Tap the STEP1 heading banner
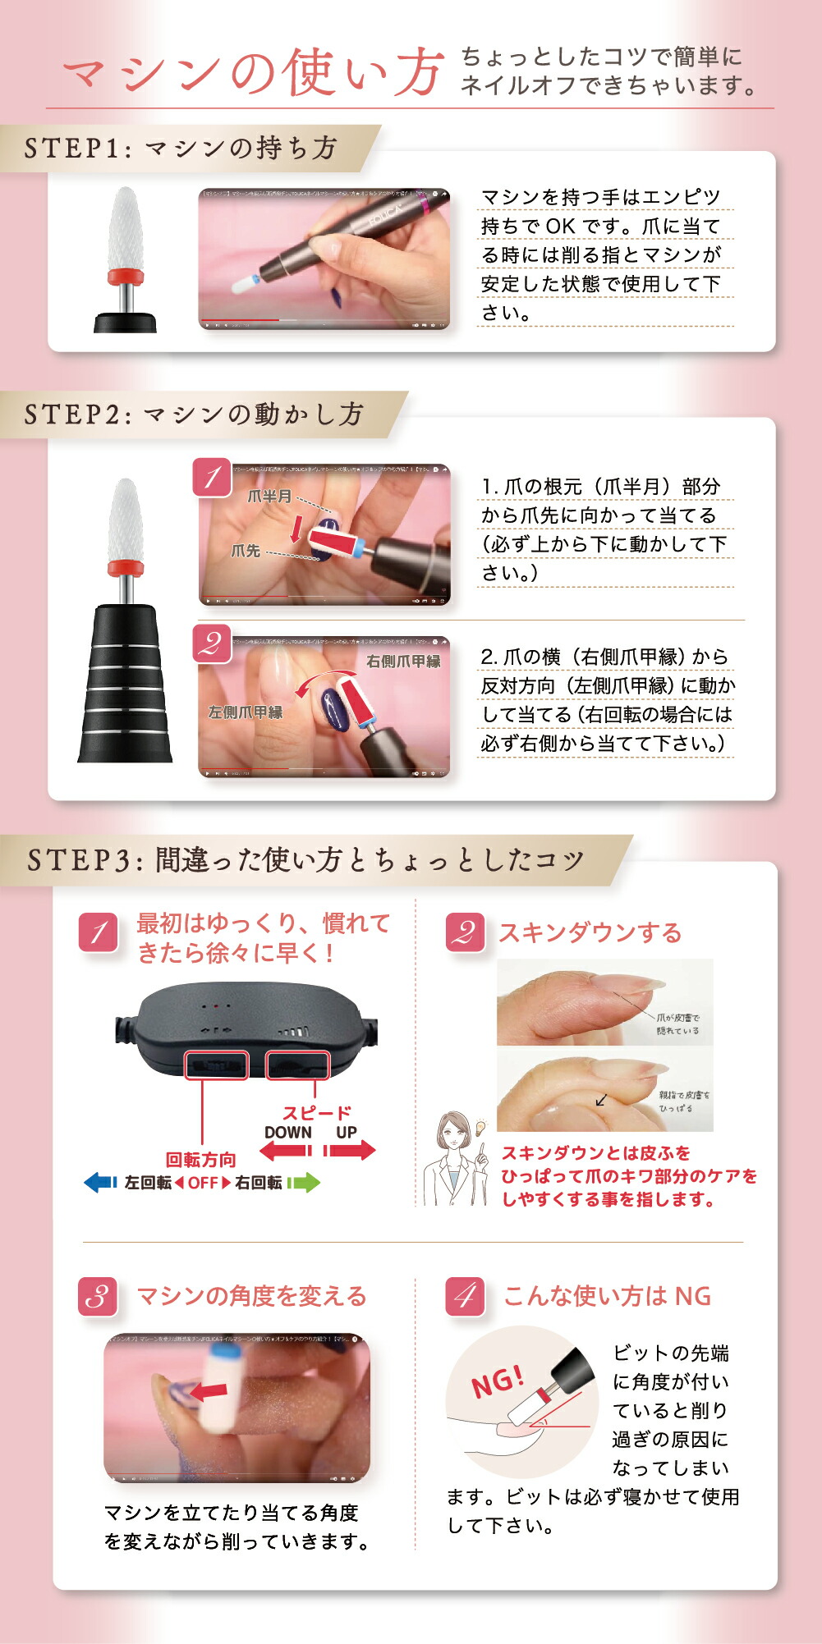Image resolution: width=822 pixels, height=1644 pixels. (x=181, y=148)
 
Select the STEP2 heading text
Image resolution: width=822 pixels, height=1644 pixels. (x=194, y=414)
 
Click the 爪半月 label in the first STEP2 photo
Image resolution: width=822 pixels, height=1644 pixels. (x=269, y=497)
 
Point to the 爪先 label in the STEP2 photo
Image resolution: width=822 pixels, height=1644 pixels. (x=245, y=551)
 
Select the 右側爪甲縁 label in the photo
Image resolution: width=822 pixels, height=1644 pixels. (x=403, y=661)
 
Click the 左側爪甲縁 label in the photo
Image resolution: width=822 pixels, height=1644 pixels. (x=245, y=712)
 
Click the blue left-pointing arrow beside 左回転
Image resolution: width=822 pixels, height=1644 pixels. (x=100, y=1183)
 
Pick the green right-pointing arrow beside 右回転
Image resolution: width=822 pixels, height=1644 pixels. (x=304, y=1183)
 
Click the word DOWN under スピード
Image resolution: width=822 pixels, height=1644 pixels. (x=287, y=1133)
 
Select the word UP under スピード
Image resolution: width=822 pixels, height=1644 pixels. (x=346, y=1133)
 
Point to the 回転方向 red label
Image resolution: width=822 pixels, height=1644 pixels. (x=200, y=1160)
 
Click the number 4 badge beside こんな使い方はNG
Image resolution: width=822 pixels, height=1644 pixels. (x=465, y=1297)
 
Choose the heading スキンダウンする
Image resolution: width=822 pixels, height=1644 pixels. (x=590, y=933)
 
